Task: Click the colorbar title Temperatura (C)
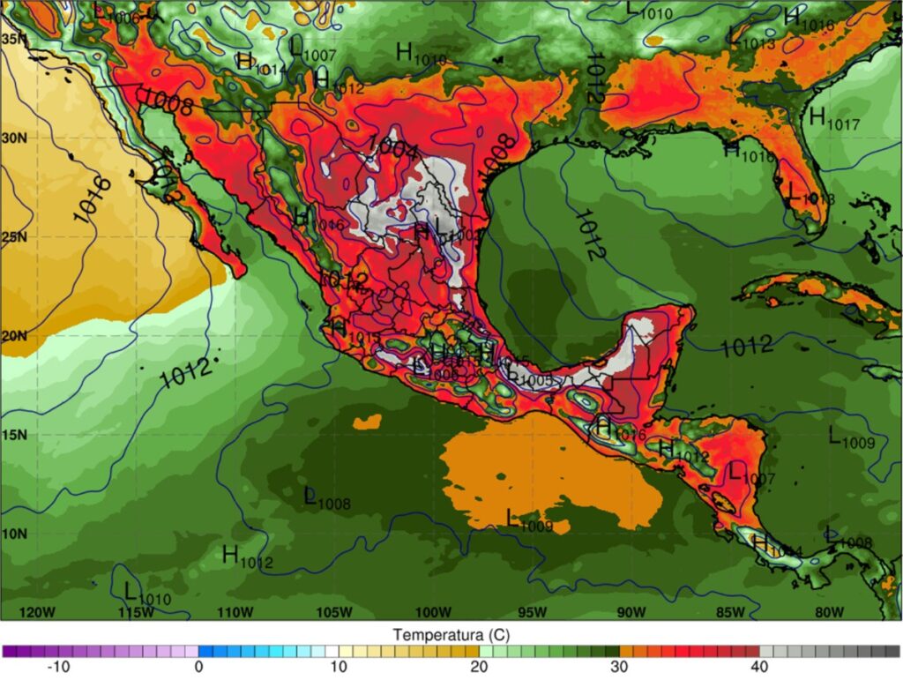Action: [451, 634]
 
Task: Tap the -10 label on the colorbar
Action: [57, 668]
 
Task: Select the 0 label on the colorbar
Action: [198, 668]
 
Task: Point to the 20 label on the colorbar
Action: [479, 668]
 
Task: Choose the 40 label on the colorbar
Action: [759, 668]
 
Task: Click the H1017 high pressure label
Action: [833, 118]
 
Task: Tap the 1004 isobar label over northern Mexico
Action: [392, 146]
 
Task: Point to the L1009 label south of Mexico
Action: [529, 520]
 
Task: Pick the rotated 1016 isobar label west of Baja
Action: [91, 199]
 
